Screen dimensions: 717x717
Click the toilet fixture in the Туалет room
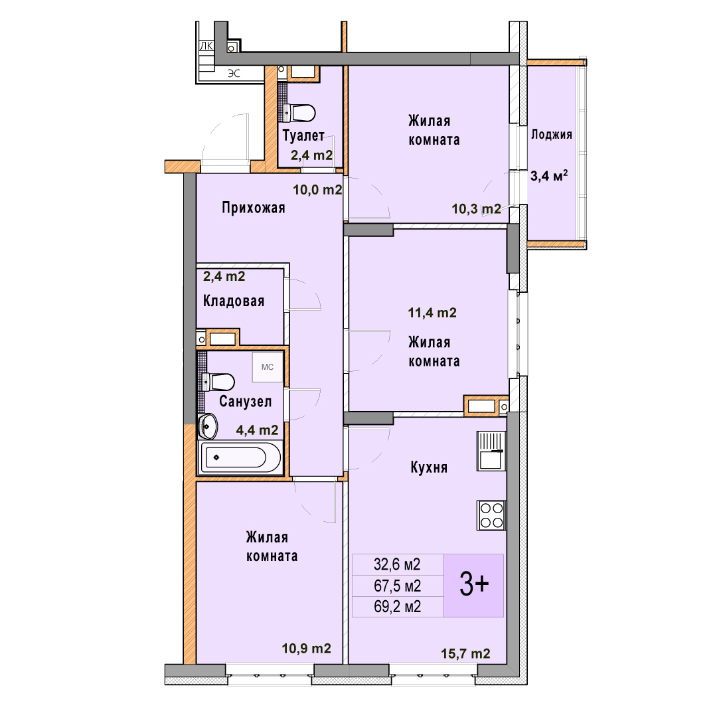(299, 113)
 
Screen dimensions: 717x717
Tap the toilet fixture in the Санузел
(218, 382)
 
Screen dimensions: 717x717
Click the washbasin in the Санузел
(208, 426)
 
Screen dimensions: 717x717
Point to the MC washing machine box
(268, 366)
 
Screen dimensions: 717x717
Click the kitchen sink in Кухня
(491, 451)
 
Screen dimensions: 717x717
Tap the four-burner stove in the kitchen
(491, 515)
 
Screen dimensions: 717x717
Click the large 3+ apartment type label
(474, 585)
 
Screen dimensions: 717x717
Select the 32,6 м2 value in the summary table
(398, 564)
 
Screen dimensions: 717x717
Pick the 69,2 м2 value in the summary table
(398, 606)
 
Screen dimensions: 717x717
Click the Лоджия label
(552, 134)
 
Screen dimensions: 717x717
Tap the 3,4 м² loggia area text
(549, 175)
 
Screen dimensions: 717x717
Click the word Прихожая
(254, 208)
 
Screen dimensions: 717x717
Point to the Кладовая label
(234, 301)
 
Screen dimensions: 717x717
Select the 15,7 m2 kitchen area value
(465, 653)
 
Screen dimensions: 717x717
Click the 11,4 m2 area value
(432, 313)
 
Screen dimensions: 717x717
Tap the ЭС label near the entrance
(234, 74)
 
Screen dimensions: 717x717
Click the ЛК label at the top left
(206, 46)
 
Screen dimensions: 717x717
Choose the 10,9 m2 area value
(306, 649)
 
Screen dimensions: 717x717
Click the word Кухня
(429, 467)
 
